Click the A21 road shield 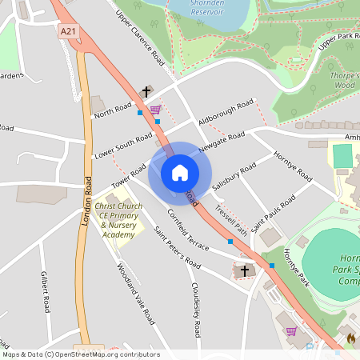(68, 30)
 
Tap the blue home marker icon (180, 173)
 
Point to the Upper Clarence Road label (141, 39)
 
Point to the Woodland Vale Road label (135, 294)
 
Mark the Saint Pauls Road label (272, 212)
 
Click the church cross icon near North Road (146, 92)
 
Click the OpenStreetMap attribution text (80, 354)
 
